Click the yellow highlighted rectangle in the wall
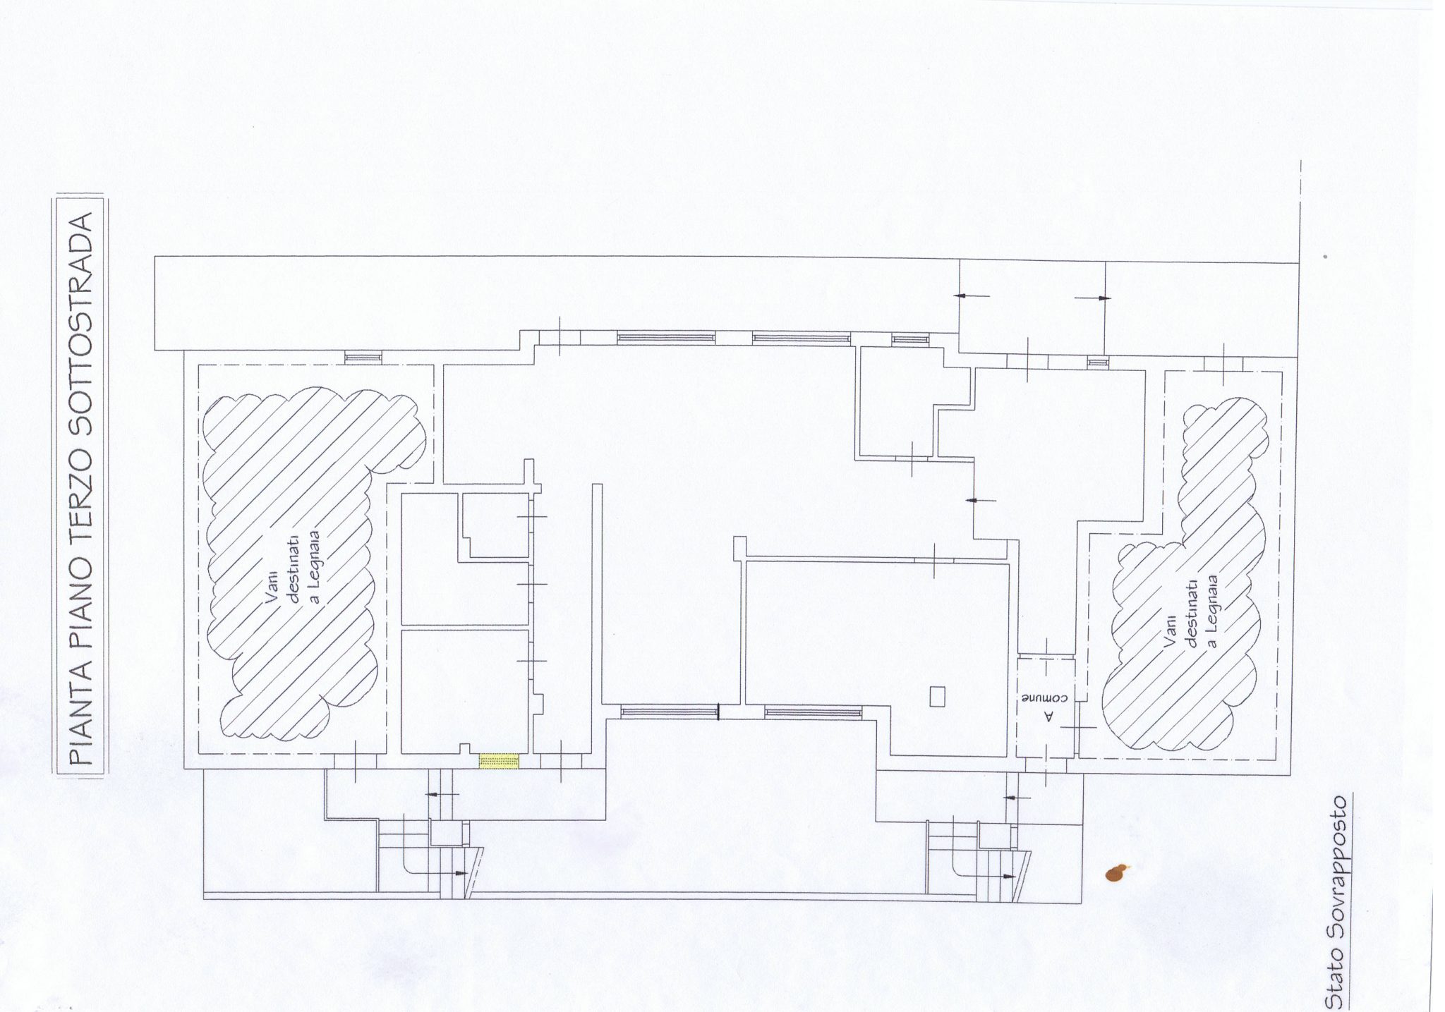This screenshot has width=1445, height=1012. [499, 761]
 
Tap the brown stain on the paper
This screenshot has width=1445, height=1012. [1116, 873]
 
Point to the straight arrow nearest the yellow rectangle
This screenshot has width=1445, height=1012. [442, 794]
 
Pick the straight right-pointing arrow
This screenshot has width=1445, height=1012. [1092, 298]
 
